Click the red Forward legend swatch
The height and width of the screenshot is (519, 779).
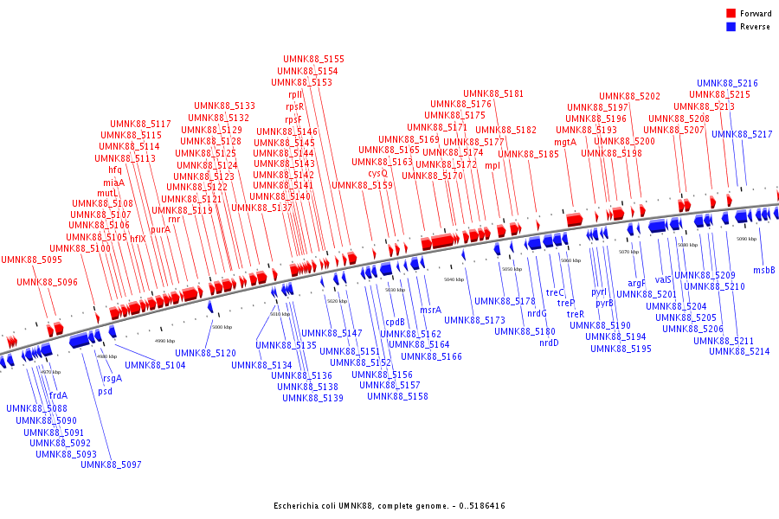point(731,14)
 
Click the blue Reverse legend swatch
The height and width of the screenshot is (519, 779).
point(731,26)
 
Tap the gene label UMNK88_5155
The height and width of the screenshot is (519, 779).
point(313,59)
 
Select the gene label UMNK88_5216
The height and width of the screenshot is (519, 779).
point(727,83)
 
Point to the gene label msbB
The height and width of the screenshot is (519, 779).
point(763,270)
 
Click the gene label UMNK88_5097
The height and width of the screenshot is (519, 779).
point(111,465)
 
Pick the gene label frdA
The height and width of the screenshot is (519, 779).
point(58,395)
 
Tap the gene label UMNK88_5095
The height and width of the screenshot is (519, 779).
point(31,259)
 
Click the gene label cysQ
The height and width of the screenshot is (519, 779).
point(377,173)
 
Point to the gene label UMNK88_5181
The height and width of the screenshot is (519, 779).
point(493,93)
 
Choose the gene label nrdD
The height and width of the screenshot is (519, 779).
point(549,343)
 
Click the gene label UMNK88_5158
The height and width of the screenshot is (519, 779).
point(397,396)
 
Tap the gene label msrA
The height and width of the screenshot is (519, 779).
point(430,310)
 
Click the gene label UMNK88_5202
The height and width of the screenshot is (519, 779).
point(629,96)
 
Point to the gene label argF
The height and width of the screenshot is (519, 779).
point(636,283)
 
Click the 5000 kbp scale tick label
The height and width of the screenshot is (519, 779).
point(222,327)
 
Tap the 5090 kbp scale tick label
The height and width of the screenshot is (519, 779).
point(746,239)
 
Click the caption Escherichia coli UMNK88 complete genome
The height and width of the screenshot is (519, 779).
point(389,505)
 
